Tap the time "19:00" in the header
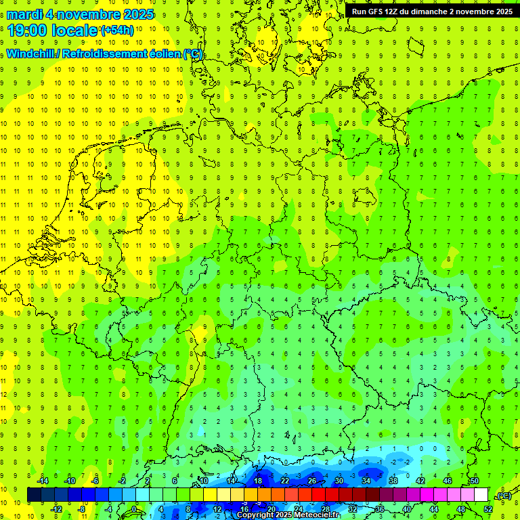coord(26,30)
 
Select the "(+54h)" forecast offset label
coord(116,30)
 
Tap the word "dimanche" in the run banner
coord(429,12)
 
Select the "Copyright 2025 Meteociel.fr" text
coord(288,515)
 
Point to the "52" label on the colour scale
coord(488,509)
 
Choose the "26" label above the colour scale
coord(312,481)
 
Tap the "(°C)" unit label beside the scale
coord(504,496)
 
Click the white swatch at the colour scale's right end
coord(481,495)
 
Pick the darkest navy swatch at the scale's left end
coord(34,495)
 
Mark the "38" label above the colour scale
coord(393,481)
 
